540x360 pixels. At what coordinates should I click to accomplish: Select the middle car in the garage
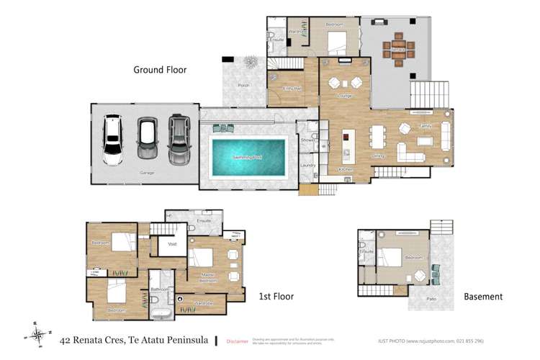point(148,138)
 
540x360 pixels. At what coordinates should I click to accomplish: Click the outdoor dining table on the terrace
point(398,50)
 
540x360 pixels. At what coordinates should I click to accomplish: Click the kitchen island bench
point(346,145)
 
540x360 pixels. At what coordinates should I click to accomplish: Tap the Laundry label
point(308,165)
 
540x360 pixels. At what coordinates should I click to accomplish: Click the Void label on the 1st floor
point(172,244)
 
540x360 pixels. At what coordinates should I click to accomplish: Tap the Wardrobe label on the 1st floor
point(204,303)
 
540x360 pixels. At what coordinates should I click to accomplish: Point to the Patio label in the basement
point(432,298)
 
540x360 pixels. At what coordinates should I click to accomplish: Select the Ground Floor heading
point(160,70)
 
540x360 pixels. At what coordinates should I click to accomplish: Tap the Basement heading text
point(482,297)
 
